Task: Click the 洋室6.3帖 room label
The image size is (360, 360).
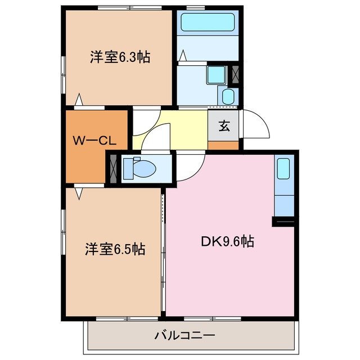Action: pyautogui.click(x=119, y=57)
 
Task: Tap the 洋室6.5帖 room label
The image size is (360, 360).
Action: pyautogui.click(x=115, y=249)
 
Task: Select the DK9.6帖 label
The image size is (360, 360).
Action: pyautogui.click(x=227, y=242)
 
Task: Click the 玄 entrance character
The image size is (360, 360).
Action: pyautogui.click(x=224, y=126)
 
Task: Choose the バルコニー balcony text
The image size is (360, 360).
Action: pyautogui.click(x=184, y=336)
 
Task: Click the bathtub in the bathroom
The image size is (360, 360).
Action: pyautogui.click(x=207, y=22)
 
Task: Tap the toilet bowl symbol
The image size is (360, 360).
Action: pyautogui.click(x=137, y=167)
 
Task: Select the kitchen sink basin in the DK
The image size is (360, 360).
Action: pyautogui.click(x=283, y=168)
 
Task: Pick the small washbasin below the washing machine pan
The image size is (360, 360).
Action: pyautogui.click(x=228, y=96)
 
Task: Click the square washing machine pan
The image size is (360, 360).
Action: pyautogui.click(x=215, y=75)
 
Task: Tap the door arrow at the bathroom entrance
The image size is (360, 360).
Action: pyautogui.click(x=183, y=57)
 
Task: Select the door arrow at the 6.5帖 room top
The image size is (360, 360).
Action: pyautogui.click(x=79, y=192)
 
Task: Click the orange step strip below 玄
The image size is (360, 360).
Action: pyautogui.click(x=224, y=145)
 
